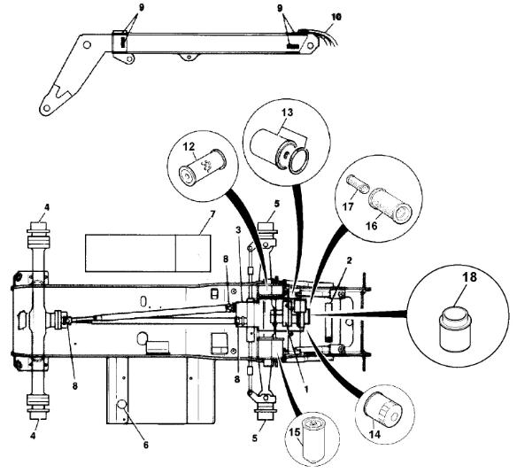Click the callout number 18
pos(469,276)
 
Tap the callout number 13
pos(287,112)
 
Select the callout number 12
pos(189,147)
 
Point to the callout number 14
pos(374,434)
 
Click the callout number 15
pos(295,431)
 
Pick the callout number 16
pos(372,226)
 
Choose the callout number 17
pos(348,206)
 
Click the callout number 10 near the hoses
pos(336,17)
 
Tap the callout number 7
pos(212,214)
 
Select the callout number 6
pos(146,445)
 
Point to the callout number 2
pos(350,260)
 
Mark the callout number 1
pos(306,390)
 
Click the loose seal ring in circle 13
pos(299,160)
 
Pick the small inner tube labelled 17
pos(357,184)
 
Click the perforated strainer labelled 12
pos(202,164)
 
